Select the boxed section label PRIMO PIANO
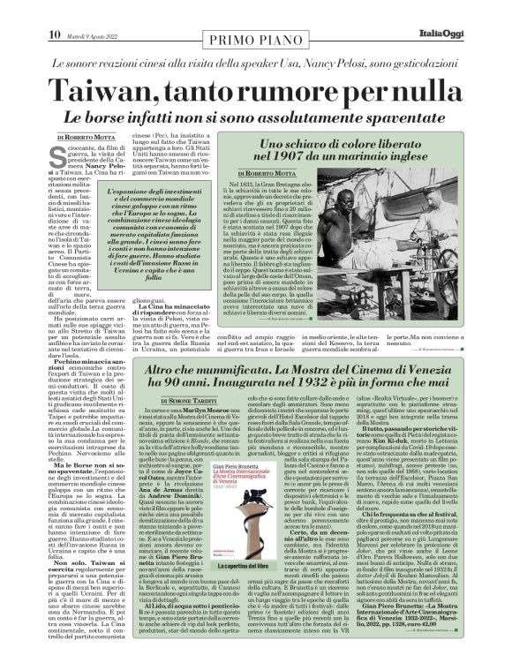point(255,12)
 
